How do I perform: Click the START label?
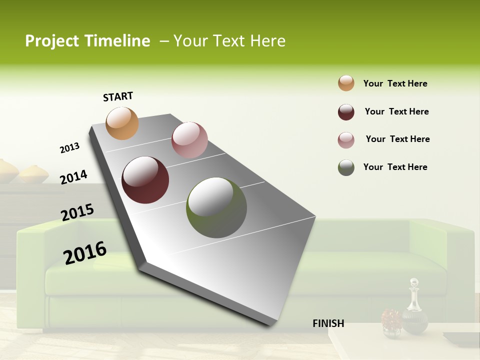118,96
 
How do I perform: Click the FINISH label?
328,323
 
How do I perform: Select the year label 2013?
69,148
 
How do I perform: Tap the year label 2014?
73,177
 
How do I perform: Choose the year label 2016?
85,252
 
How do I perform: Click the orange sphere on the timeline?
122,123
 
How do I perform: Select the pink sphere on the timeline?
189,140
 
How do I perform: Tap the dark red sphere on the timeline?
145,180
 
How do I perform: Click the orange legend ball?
346,83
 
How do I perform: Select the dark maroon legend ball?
346,111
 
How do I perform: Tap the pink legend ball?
346,139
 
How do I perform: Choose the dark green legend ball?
346,167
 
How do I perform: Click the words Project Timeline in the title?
87,41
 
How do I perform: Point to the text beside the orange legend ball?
395,83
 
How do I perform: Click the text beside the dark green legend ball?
395,167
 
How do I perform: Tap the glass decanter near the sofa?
414,307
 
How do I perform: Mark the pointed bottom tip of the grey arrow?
270,325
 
